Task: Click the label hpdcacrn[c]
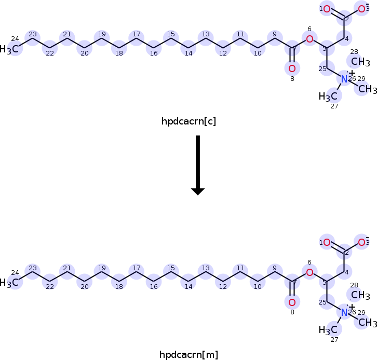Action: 188,121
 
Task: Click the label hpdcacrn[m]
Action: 188,355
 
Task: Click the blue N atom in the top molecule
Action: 344,79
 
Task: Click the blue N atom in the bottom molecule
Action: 344,313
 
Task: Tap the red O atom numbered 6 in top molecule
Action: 309,39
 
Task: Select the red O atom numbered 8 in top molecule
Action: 292,68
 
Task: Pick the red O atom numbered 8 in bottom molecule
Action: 292,302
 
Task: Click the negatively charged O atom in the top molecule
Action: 362,9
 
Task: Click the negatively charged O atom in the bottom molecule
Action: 362,242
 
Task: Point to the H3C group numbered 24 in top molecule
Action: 11,49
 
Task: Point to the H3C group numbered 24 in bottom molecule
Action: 11,283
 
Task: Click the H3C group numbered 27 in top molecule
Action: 328,96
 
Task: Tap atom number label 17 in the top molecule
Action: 137,34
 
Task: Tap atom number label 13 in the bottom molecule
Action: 206,268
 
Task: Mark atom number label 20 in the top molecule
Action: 85,53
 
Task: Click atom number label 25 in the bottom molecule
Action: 322,302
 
